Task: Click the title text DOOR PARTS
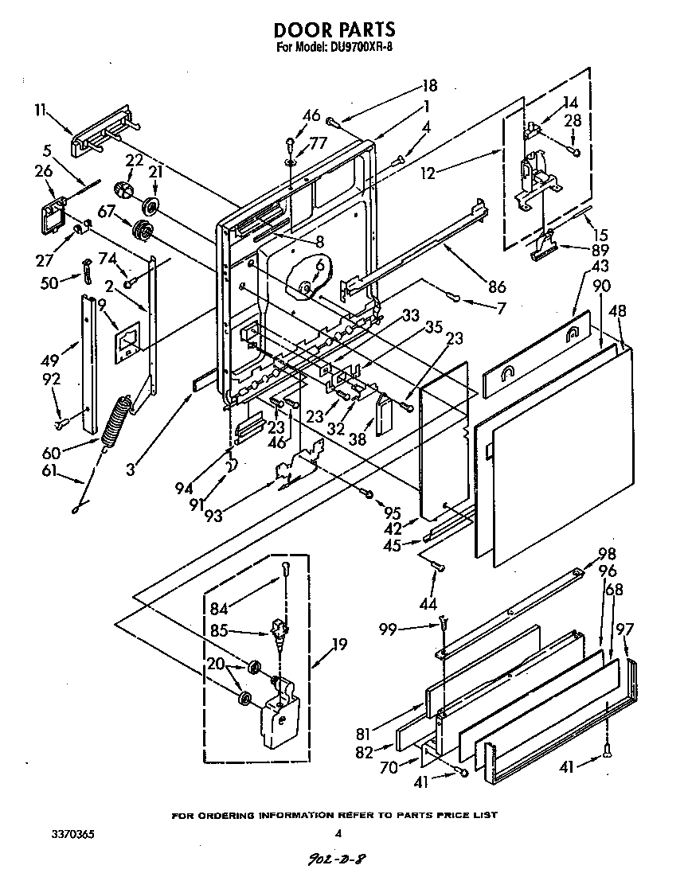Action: coord(334,29)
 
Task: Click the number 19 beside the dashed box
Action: coord(340,644)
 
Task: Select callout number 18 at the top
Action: coord(429,86)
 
